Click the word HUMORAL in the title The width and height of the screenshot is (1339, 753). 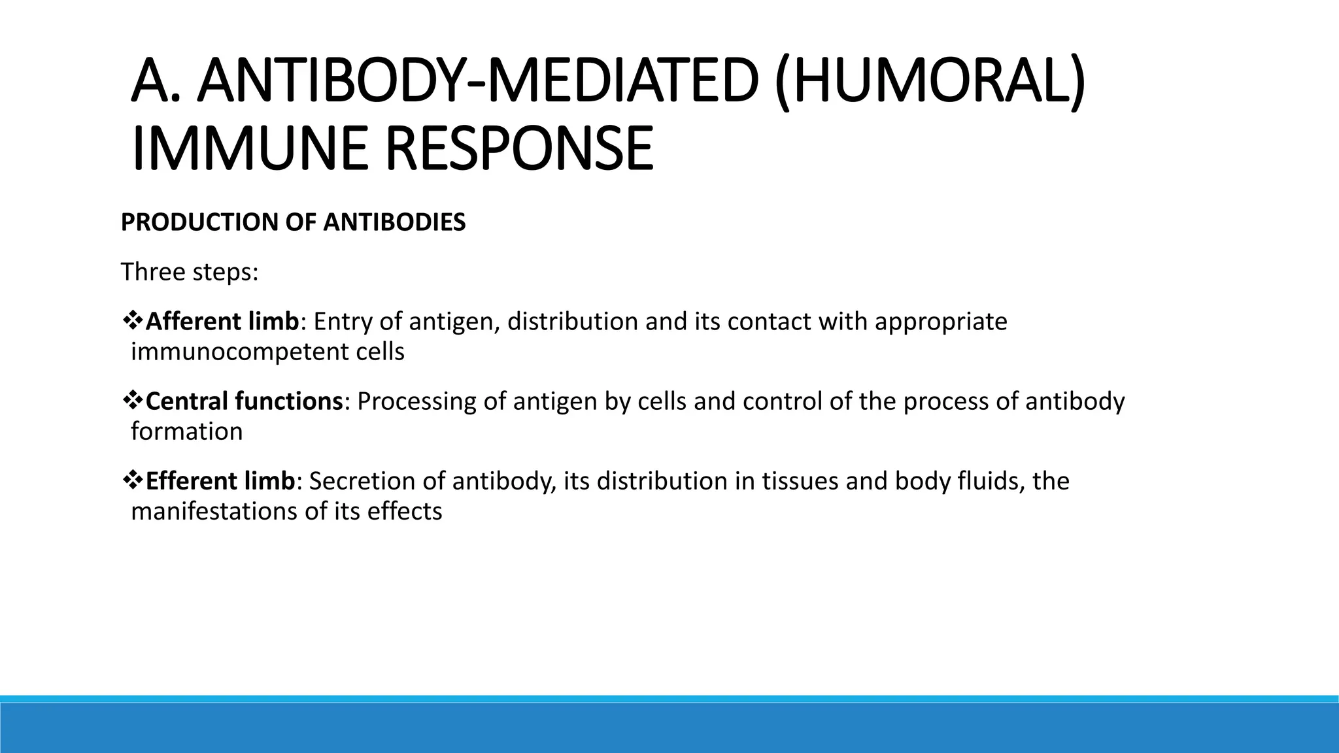pos(929,82)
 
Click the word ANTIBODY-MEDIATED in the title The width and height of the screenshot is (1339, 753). pos(477,82)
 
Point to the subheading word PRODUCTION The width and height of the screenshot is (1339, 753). pos(200,222)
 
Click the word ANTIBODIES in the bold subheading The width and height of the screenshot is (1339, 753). pos(394,222)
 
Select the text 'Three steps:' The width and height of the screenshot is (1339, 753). pos(190,272)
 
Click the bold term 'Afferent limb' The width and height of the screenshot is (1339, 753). pos(222,322)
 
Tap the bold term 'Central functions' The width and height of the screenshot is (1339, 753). pos(244,401)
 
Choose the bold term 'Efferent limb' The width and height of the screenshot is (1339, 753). pos(220,481)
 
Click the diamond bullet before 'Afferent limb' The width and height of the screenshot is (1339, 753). pos(133,321)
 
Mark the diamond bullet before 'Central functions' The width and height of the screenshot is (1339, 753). pos(133,401)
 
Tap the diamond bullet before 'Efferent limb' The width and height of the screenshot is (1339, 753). pos(133,480)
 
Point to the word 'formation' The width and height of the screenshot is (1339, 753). pos(187,431)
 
